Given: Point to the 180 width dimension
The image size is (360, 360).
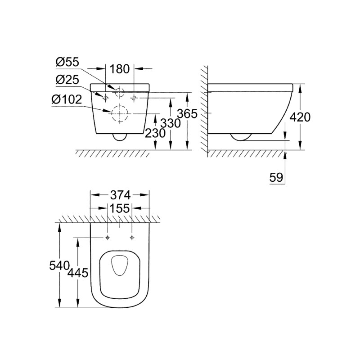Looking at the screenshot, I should coord(120,69).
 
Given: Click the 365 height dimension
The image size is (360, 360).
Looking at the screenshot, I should coord(187,114).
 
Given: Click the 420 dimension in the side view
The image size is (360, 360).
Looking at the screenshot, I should coord(300,117).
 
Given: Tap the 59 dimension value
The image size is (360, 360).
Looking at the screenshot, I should coord(276,177).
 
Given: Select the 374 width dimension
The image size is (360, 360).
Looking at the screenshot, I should coord(120,195).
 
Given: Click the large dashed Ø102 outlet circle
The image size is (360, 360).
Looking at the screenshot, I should coord(119,113).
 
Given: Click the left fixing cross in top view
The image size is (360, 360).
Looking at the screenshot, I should coord(108,237).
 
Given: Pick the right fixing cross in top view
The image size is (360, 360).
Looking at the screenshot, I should coord(132,237).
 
